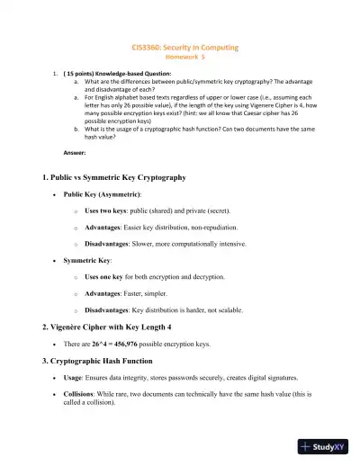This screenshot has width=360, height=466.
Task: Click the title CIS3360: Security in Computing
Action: [179, 44]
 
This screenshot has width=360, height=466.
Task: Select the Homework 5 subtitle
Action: [179, 54]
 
